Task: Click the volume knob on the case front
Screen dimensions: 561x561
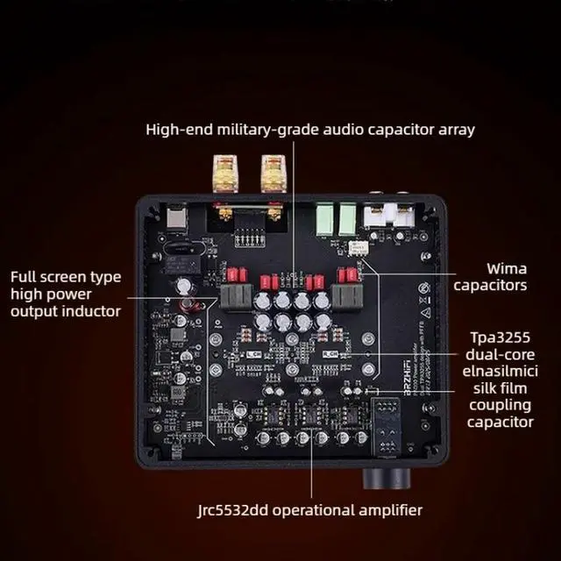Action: coord(387,479)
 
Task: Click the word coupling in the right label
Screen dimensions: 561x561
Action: coord(501,405)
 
